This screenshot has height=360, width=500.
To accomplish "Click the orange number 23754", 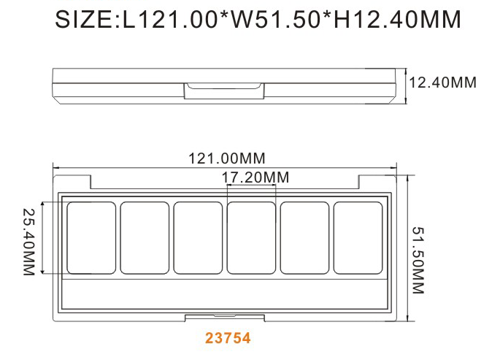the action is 228,338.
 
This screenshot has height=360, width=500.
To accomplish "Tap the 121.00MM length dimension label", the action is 227,158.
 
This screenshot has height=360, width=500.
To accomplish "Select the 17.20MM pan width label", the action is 255,177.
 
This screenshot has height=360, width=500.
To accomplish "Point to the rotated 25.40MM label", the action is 28,242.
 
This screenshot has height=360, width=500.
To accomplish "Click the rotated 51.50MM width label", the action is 418,260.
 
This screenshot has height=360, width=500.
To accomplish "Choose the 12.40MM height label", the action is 442,83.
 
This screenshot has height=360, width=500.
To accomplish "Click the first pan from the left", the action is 91,238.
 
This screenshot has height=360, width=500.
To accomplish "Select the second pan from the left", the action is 145,238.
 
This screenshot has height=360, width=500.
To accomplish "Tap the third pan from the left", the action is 198,238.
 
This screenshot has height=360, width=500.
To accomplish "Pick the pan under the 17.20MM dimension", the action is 251,238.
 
